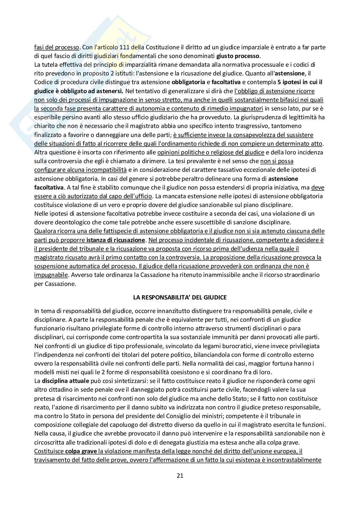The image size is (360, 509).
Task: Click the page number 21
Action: coord(180,475)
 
